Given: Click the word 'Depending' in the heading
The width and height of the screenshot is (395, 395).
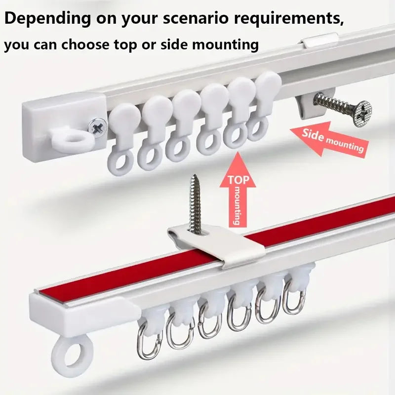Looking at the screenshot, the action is click(x=48, y=19).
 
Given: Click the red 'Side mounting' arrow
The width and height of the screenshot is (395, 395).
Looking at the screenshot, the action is click(x=329, y=140).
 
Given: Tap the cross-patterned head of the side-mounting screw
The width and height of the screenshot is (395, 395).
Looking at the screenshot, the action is click(x=362, y=114).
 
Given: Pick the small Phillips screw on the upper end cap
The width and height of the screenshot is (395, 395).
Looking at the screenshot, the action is click(x=97, y=127).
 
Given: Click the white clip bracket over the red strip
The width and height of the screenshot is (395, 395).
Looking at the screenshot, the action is click(x=217, y=245).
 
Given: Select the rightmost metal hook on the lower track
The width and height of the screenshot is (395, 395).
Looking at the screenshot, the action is click(x=294, y=295).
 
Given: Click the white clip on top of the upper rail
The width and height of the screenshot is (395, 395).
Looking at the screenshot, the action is click(x=320, y=40).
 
